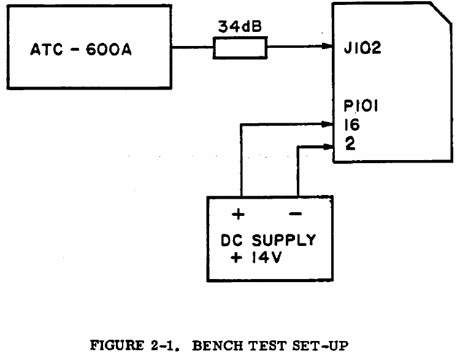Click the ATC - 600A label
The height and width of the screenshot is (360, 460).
(81, 49)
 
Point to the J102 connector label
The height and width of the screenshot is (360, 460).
(362, 48)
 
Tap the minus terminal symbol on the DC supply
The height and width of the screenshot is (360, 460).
(296, 214)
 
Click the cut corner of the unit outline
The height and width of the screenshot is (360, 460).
(441, 15)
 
